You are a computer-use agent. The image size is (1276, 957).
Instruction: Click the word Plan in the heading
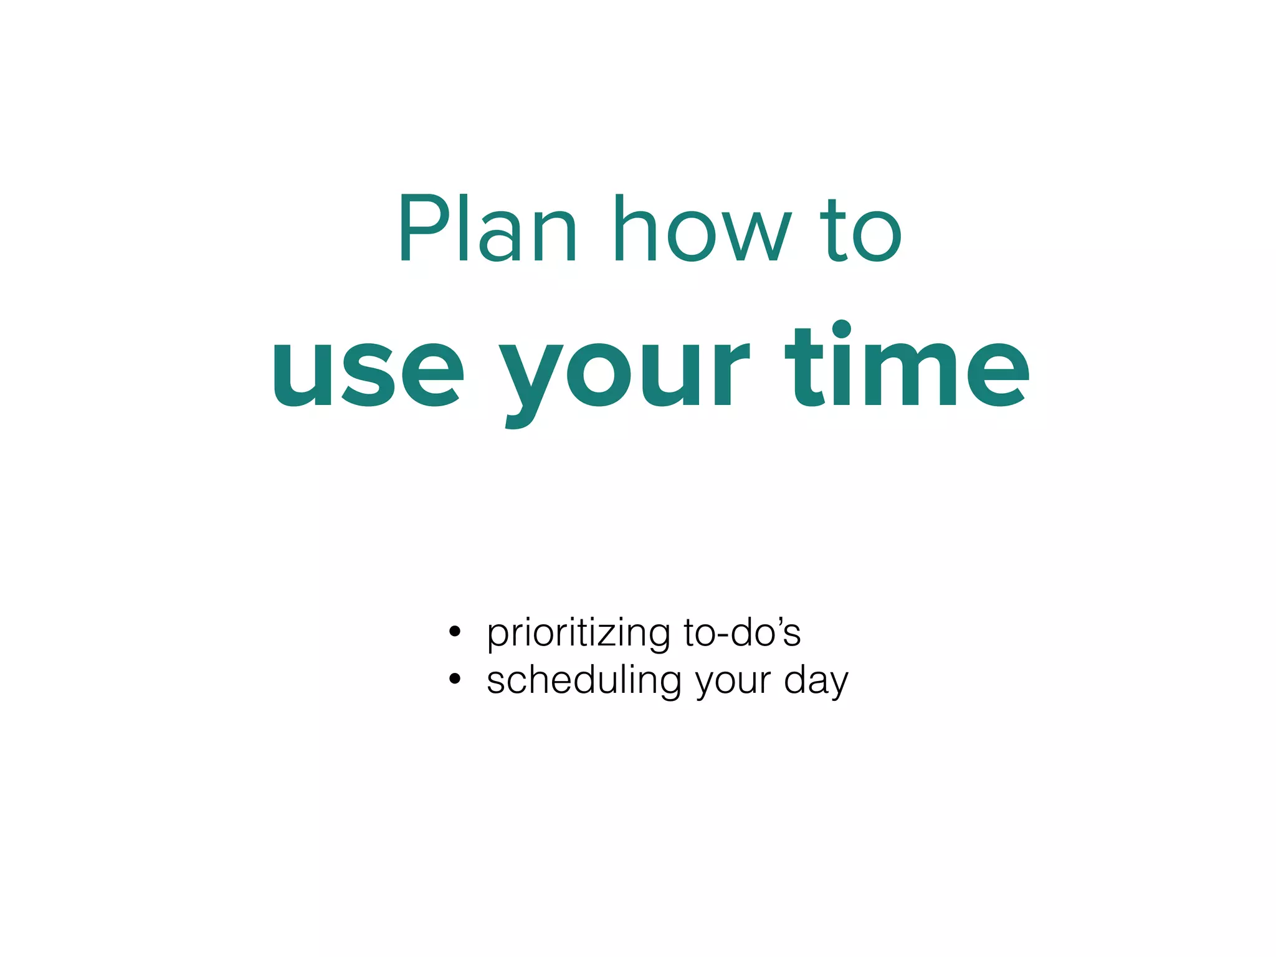pos(487,229)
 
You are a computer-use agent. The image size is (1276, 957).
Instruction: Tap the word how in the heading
pos(702,229)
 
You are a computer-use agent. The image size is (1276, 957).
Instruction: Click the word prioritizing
pos(579,634)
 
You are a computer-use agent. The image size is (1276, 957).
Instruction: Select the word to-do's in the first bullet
pos(742,633)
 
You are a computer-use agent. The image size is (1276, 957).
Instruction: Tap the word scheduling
pos(584,681)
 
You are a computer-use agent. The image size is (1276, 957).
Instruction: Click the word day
pos(816,681)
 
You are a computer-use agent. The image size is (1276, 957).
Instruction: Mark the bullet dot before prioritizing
pos(455,632)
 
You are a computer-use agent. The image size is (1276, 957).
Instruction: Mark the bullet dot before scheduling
pos(455,679)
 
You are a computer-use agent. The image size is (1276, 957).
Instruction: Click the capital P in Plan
pos(424,229)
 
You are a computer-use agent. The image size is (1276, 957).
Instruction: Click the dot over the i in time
pos(841,329)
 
